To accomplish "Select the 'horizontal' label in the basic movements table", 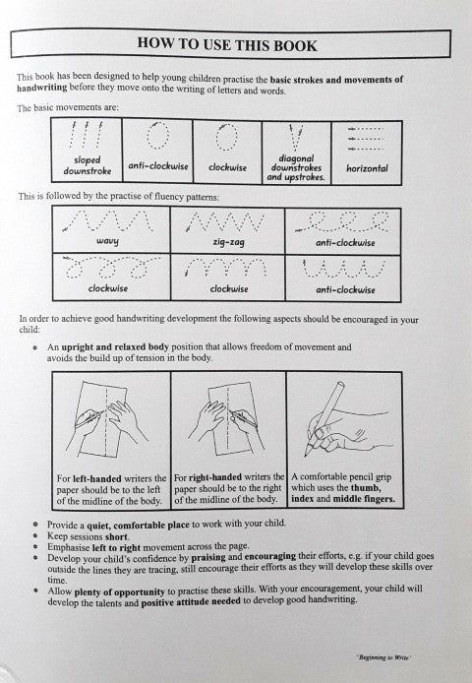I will (367, 169).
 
